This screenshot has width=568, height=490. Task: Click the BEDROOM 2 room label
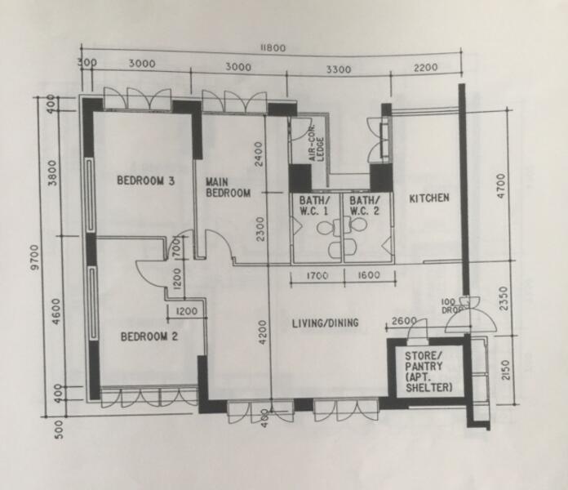[x=149, y=336]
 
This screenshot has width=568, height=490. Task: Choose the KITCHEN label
[x=429, y=198]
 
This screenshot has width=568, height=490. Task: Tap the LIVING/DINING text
[x=326, y=323]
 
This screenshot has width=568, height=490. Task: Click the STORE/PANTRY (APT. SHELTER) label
[x=424, y=372]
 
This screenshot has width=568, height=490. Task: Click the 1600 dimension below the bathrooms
[x=367, y=276]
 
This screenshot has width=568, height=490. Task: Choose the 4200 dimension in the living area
[x=262, y=332]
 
